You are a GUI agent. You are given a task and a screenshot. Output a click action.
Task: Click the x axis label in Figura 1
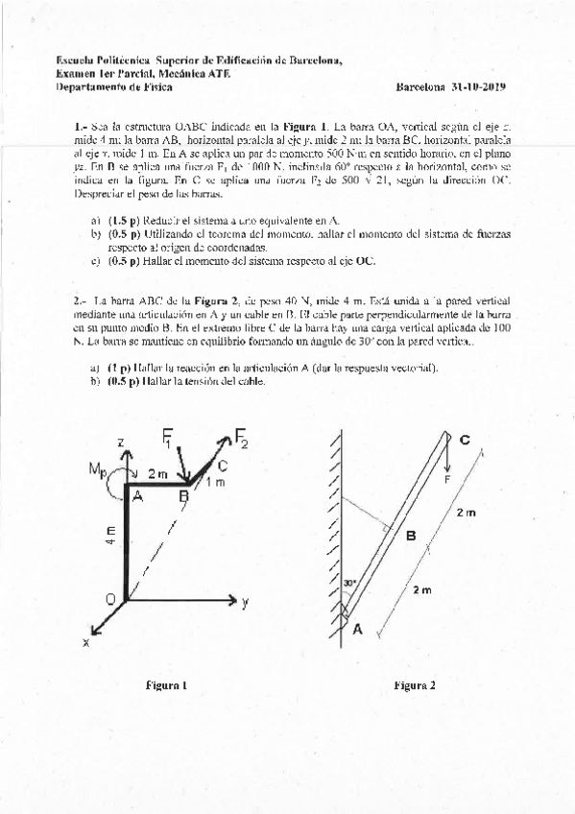point(85,643)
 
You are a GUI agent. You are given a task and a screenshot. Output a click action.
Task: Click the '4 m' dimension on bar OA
point(112,536)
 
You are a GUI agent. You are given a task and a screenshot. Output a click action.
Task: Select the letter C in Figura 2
point(465,440)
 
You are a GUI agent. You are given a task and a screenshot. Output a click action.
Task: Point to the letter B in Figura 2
point(410,536)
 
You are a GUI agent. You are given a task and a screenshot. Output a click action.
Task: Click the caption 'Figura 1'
point(165,685)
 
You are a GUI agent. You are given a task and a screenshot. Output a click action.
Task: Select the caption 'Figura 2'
point(414,685)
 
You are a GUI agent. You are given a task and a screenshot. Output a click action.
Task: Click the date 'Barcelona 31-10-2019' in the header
point(450,86)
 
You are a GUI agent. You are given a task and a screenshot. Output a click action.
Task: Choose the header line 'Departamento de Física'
point(99,86)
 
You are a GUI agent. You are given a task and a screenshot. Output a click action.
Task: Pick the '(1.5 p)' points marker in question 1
point(124,220)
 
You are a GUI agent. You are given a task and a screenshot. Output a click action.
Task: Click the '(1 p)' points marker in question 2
point(120,368)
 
